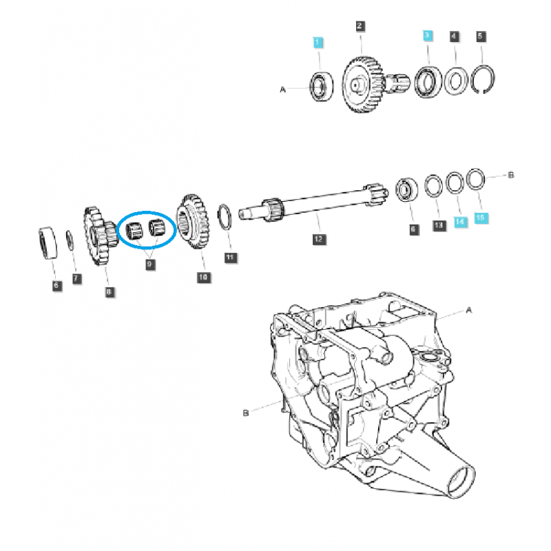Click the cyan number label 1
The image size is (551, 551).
[x=318, y=43]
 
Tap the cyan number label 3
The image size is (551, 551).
[x=427, y=34]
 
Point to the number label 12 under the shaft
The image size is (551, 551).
[x=318, y=239]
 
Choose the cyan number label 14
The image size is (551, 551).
[x=459, y=222]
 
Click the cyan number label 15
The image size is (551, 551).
[x=480, y=218]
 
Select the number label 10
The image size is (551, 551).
[x=202, y=277]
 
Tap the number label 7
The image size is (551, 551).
[x=76, y=278]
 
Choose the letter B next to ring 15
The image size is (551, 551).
[x=510, y=176]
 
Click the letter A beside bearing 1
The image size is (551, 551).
[x=282, y=90]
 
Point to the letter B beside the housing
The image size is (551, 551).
[x=245, y=413]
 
